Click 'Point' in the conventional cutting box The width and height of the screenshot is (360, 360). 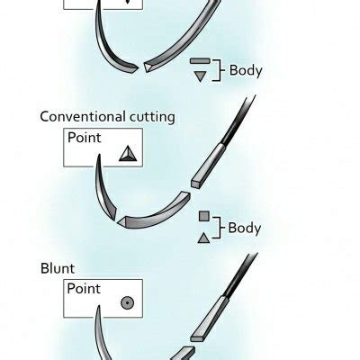tap(86, 139)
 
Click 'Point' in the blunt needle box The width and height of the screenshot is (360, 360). tap(86, 290)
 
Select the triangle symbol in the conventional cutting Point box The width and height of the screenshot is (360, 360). tap(127, 154)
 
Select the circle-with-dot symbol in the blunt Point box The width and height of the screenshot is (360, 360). tap(128, 303)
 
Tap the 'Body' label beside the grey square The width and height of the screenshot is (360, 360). tap(245, 228)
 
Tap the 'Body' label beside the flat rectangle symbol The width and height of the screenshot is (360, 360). tap(246, 69)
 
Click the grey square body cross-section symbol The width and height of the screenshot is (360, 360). tap(204, 217)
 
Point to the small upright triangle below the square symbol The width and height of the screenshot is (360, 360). tap(203, 238)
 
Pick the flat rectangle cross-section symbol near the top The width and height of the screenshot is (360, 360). tap(200, 61)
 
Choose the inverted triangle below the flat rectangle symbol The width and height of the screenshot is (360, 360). tap(200, 77)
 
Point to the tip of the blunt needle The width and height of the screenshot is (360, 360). tap(97, 310)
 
